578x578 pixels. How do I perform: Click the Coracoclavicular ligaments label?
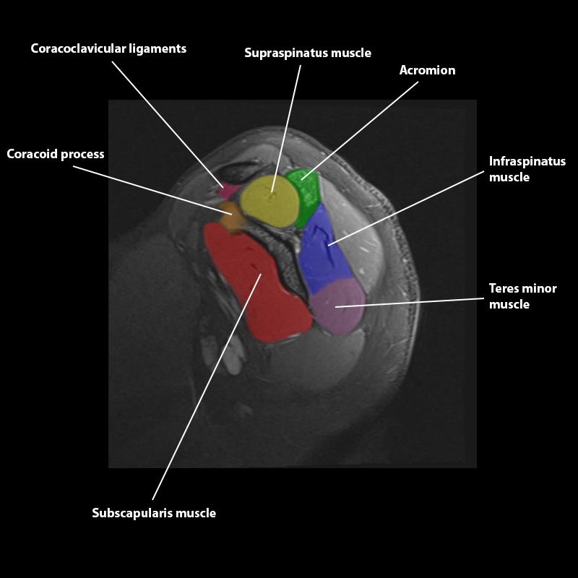tap(108, 49)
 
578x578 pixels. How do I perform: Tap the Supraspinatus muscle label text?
tap(308, 53)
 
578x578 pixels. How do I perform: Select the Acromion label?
tap(428, 70)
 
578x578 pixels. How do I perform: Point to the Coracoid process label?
tap(56, 154)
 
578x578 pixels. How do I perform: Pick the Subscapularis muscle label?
tap(154, 513)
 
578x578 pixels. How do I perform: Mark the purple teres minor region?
tap(338, 307)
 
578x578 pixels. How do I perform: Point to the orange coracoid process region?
tap(231, 217)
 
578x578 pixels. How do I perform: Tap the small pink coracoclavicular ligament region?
tap(228, 191)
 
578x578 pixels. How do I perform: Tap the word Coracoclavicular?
tap(75, 49)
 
